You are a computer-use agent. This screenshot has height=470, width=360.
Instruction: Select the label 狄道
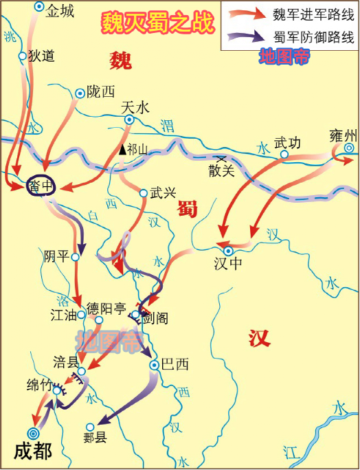41,56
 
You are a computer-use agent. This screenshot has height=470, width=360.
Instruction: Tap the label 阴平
56,256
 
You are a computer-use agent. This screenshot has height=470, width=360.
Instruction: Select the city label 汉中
228,262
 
